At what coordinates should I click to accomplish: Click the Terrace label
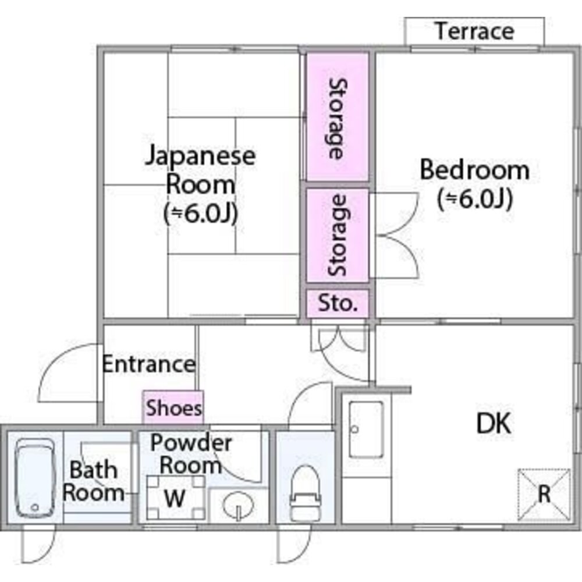coord(475,31)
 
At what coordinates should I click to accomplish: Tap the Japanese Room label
coord(200,169)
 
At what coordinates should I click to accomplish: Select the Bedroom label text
coord(475,170)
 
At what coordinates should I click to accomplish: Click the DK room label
coord(494,423)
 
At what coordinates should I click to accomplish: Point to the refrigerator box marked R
coord(544,495)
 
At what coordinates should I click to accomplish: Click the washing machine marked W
coord(175,498)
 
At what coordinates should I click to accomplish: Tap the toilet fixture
coord(306,494)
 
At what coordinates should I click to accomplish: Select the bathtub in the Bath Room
coord(36,478)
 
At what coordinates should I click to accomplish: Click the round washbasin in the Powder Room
coord(238,505)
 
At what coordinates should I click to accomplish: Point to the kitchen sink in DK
coord(366,430)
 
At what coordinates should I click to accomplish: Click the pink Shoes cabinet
coord(173,407)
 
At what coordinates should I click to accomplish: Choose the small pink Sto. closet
coord(338,304)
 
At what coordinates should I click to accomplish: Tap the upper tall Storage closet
coord(338,117)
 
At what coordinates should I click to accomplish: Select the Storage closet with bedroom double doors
coord(338,235)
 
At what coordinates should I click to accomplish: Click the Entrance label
coord(148,364)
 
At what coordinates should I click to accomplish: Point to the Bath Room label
coord(93,481)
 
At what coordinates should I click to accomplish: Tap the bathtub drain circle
coord(35,508)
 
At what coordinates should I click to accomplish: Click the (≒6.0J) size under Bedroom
coord(475,198)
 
